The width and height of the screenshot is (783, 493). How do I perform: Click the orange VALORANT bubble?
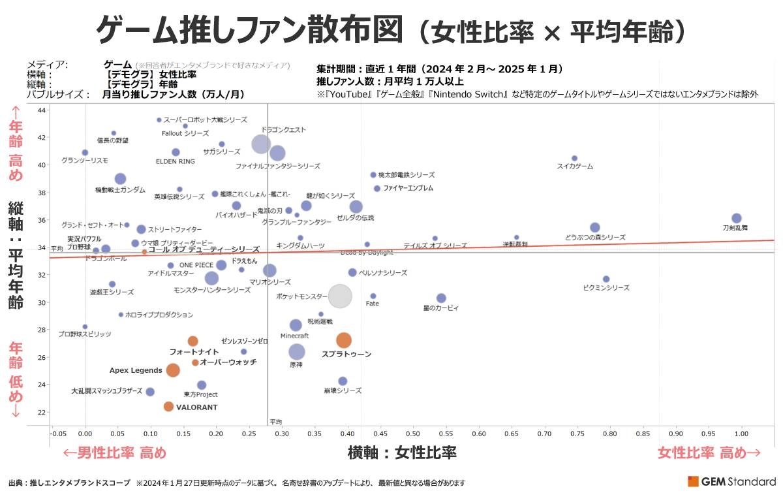coord(168,406)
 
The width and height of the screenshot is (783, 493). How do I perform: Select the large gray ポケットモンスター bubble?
coord(339,296)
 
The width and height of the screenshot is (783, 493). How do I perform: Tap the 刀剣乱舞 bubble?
coord(736,218)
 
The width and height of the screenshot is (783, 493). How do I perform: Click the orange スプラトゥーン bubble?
coord(344,340)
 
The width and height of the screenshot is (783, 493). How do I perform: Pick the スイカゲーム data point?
coord(574,158)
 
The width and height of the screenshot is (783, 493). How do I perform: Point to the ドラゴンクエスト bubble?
coord(260,144)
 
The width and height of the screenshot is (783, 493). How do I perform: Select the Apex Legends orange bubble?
coord(173,370)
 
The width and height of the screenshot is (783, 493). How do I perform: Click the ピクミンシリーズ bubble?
coord(606,279)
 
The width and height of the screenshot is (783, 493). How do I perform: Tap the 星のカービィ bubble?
coord(441,298)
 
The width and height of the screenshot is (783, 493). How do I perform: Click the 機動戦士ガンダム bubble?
coord(120,179)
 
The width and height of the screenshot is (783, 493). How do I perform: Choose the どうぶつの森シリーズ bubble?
coord(594,228)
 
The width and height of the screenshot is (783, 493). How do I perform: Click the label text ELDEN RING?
coord(175,161)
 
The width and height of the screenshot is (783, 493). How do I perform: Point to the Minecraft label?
coord(294,336)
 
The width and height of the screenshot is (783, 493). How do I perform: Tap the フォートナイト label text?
coord(194,352)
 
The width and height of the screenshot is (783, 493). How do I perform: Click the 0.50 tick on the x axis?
coord(413,433)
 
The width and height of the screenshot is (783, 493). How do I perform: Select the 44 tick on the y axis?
coord(42,110)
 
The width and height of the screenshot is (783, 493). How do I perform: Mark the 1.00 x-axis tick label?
coord(741,433)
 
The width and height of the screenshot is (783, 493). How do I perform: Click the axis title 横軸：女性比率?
coord(402,453)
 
